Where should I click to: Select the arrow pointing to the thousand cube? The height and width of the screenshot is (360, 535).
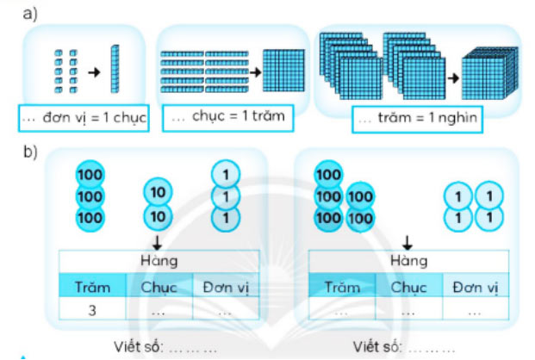(x=451, y=78)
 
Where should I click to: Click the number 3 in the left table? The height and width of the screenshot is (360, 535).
(x=91, y=312)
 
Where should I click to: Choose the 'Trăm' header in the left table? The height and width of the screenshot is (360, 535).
(x=92, y=287)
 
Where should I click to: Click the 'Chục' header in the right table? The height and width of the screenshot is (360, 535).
(x=407, y=287)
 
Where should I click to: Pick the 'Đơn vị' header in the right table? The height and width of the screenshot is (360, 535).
(x=476, y=287)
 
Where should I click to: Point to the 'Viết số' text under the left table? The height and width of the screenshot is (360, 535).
(x=135, y=348)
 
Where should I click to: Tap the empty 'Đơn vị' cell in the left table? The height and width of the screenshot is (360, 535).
(x=226, y=312)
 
